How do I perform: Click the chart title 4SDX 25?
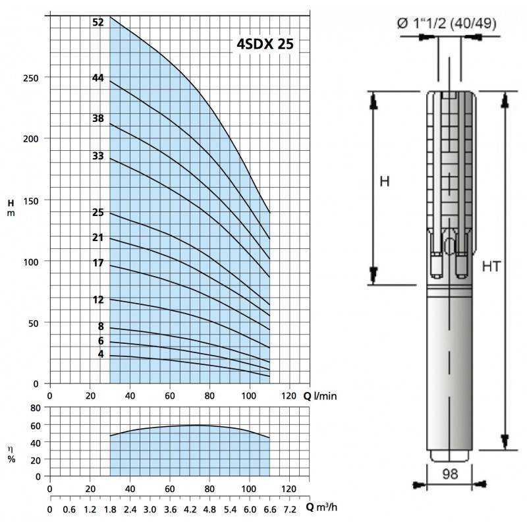[x=265, y=44]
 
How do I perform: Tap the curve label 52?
[x=98, y=22]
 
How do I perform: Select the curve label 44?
[x=98, y=78]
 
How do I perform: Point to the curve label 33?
[x=98, y=155]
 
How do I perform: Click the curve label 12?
[x=98, y=300]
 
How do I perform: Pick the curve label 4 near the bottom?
[x=101, y=354]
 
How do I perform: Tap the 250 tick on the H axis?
[x=30, y=78]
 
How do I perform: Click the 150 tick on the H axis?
[x=30, y=201]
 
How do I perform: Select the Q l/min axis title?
[x=319, y=397]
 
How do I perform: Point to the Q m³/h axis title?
[x=321, y=507]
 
